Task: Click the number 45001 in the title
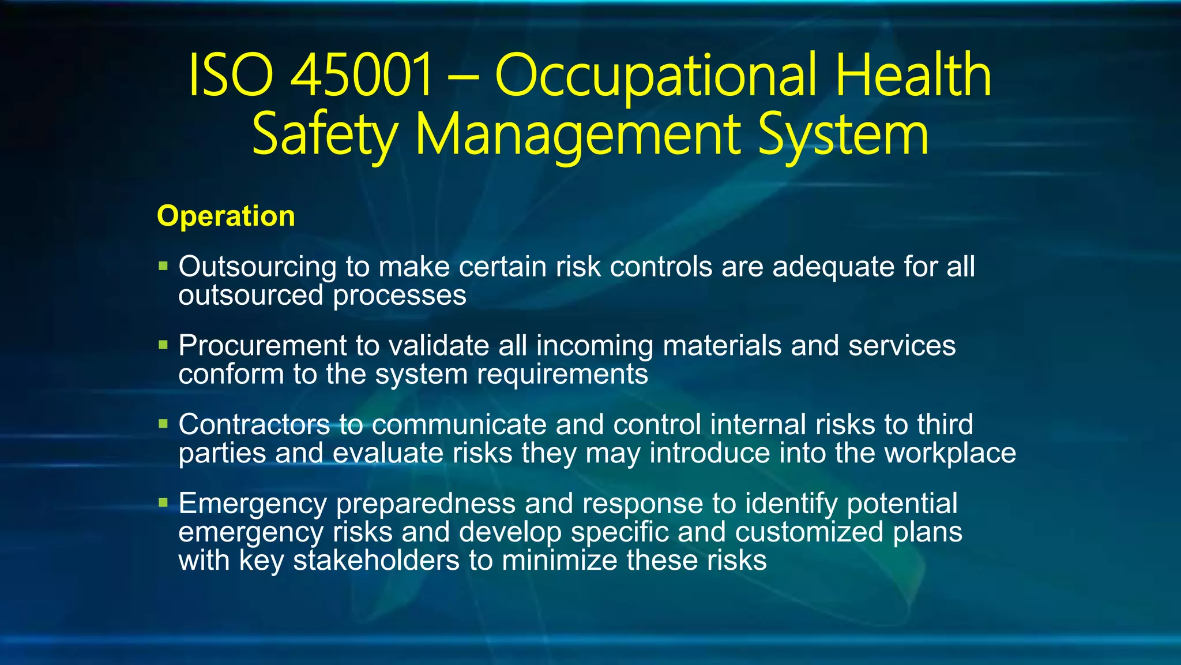(x=361, y=76)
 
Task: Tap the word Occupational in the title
(x=656, y=76)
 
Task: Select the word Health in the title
(x=913, y=76)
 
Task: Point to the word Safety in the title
(x=325, y=135)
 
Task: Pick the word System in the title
(x=843, y=135)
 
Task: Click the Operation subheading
(x=226, y=216)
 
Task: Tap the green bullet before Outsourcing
(x=163, y=266)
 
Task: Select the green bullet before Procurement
(x=163, y=345)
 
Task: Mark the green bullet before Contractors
(x=163, y=424)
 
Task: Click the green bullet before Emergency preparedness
(x=163, y=503)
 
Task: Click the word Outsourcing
(x=257, y=267)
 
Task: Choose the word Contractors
(x=254, y=424)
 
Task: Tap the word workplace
(x=950, y=453)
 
